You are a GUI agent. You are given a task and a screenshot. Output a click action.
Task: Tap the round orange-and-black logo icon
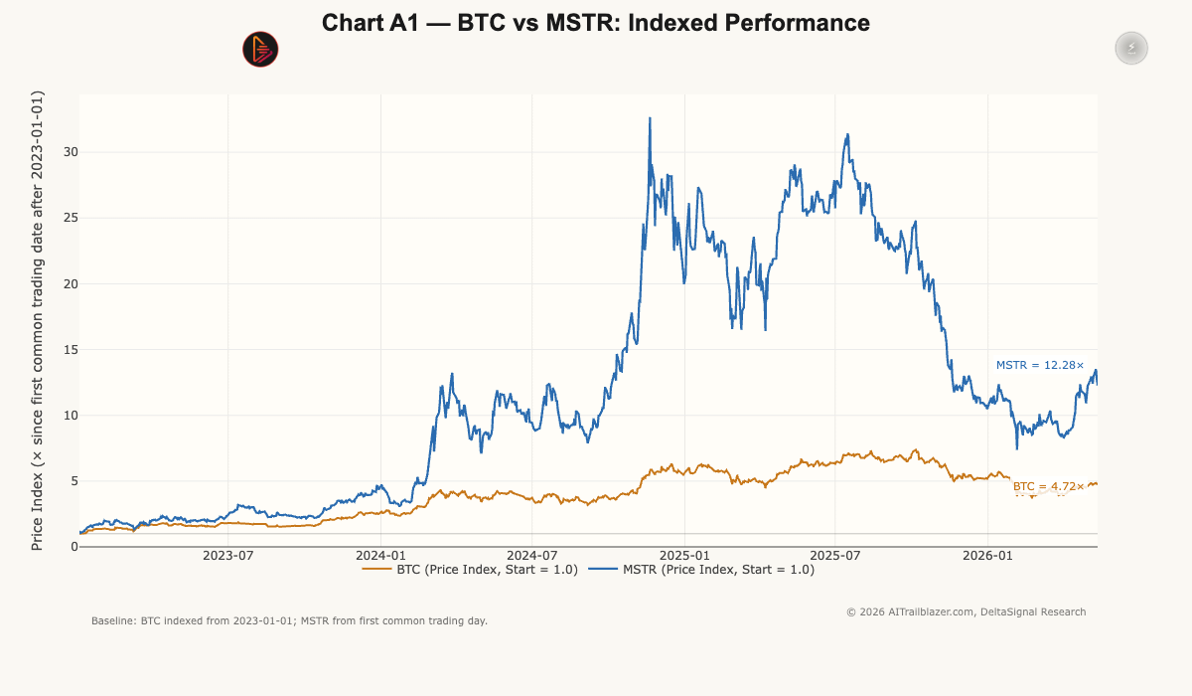tap(260, 49)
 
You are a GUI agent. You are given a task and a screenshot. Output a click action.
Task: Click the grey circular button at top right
tap(1131, 48)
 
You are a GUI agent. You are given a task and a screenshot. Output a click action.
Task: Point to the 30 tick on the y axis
tap(71, 152)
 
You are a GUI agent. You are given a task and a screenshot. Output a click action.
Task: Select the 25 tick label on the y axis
tap(71, 218)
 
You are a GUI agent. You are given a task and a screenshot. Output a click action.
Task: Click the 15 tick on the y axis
tap(71, 349)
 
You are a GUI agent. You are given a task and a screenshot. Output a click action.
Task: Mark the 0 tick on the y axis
tap(74, 547)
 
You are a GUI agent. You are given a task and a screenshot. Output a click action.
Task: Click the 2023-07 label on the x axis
tap(228, 556)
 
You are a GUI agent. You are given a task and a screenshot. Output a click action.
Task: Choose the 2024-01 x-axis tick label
tap(381, 556)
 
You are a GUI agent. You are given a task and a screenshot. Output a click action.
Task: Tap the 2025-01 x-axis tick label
tap(684, 556)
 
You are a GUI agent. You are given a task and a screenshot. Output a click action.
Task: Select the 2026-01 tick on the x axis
tap(987, 556)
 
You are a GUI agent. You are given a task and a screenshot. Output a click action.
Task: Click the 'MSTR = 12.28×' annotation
tap(1040, 365)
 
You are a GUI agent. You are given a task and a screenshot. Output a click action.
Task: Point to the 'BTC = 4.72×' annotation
tap(1048, 486)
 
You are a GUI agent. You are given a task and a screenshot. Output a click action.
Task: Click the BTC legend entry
tap(470, 570)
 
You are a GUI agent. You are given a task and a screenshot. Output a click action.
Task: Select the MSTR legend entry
tap(701, 570)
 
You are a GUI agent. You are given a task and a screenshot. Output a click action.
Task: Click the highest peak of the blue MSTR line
tap(650, 118)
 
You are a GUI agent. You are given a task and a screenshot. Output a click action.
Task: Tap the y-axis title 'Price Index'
tap(37, 511)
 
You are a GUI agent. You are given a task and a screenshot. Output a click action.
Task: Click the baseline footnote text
tap(289, 620)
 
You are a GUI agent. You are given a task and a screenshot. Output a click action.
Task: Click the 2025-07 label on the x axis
tap(835, 556)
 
